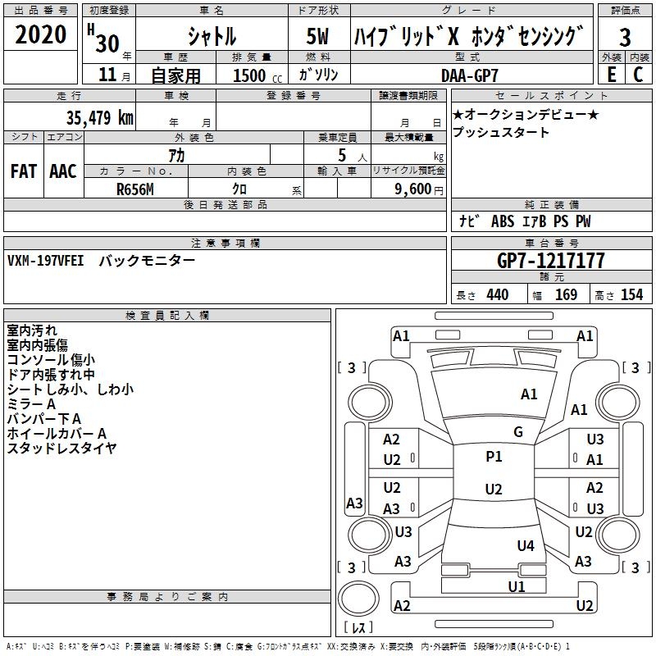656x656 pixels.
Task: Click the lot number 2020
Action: click(41, 35)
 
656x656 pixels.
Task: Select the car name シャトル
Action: click(212, 36)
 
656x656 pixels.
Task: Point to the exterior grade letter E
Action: click(611, 74)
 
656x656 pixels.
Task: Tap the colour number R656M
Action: click(135, 189)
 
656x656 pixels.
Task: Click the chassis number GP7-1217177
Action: click(551, 261)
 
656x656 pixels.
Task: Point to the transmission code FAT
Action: click(24, 171)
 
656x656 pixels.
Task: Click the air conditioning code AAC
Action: click(63, 171)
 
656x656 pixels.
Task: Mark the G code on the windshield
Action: click(517, 432)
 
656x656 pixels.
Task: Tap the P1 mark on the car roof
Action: click(494, 457)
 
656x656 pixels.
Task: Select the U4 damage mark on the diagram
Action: click(526, 546)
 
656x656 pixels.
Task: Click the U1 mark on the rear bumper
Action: click(516, 586)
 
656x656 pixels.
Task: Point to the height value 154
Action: click(631, 294)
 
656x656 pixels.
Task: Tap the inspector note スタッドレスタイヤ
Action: click(61, 448)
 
